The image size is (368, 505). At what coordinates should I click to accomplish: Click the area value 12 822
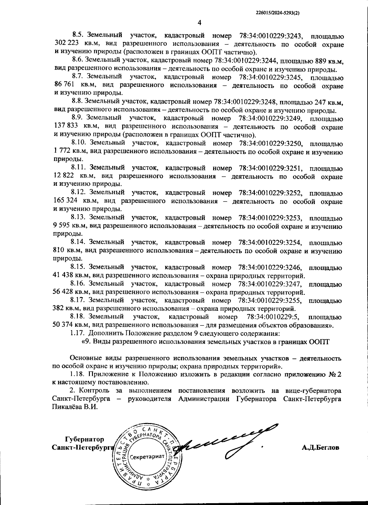pos(63,176)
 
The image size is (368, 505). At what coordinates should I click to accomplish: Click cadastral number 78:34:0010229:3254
pos(270,243)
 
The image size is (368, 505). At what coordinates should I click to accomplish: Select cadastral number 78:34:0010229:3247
pos(270,284)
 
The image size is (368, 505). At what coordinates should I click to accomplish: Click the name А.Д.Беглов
pos(320,448)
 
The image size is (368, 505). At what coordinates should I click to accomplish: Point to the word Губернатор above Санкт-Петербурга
pos(84,439)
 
